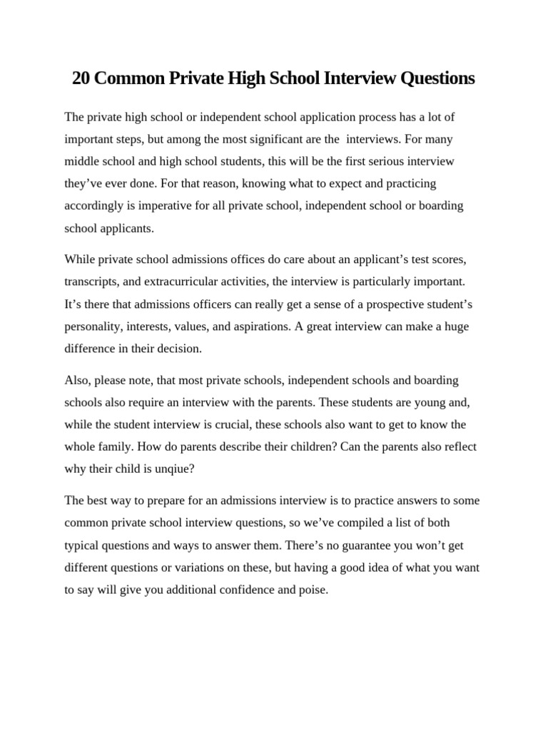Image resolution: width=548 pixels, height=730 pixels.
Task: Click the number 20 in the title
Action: [x=81, y=78]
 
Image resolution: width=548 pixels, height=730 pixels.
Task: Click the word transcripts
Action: [x=92, y=281]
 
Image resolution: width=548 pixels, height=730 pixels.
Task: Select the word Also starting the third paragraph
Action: [x=77, y=379]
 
